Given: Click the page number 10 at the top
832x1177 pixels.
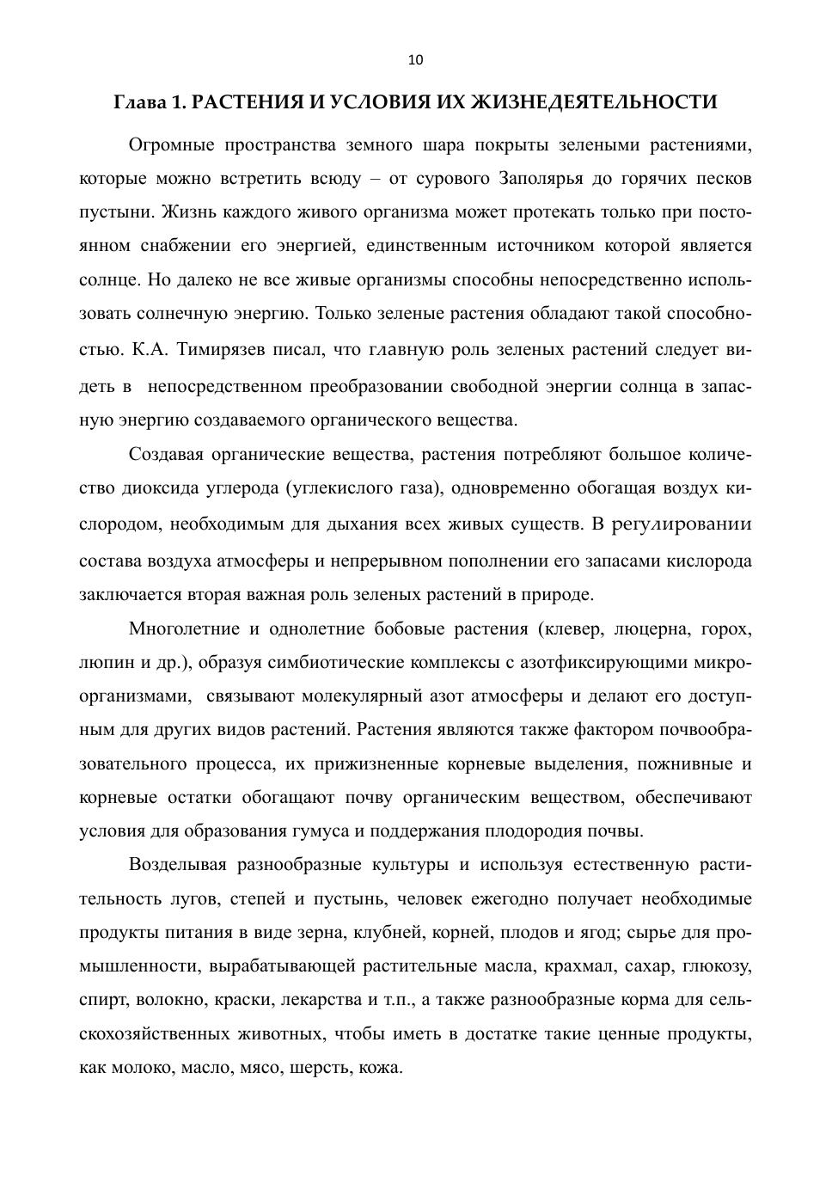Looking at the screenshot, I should click(415, 60).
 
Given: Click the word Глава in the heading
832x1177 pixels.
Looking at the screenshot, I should click(140, 102).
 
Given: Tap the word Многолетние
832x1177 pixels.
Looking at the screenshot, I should click(184, 628).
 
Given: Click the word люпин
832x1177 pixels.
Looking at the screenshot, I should click(103, 663).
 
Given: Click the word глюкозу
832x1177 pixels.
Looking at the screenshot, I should click(717, 966).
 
